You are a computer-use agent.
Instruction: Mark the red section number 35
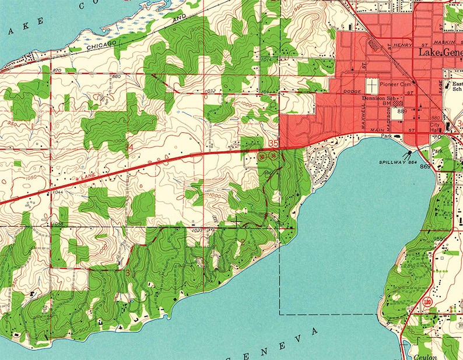274,143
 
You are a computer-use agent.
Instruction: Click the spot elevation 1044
58,192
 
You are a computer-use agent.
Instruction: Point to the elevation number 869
425,167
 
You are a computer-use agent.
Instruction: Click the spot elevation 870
57,70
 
